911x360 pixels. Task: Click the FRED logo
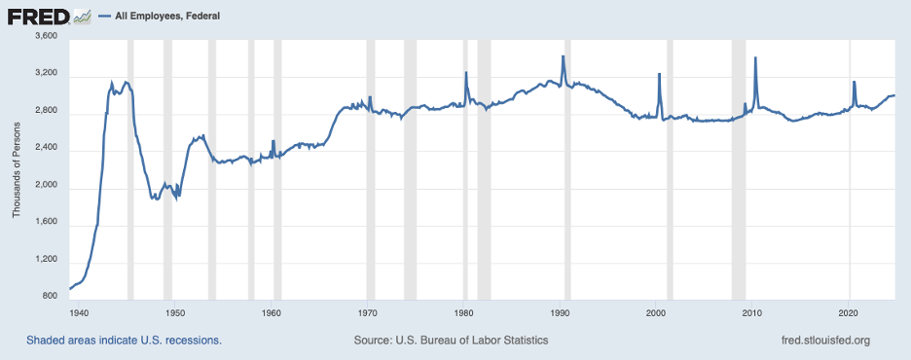tap(39, 16)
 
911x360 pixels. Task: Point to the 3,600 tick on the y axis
tap(46, 37)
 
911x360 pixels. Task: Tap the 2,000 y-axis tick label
tap(46, 186)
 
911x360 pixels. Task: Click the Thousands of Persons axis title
tap(17, 166)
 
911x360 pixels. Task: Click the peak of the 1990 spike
tap(563, 56)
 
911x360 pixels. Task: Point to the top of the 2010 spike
tap(755, 58)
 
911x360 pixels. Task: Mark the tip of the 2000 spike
tap(659, 74)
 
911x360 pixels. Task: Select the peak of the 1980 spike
tap(466, 73)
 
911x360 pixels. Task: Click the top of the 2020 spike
tap(854, 82)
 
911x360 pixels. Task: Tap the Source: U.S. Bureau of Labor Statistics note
tap(453, 341)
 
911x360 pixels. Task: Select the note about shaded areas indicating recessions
tap(125, 341)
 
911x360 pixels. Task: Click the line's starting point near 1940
tap(70, 289)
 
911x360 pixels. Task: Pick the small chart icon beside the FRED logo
tap(83, 17)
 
